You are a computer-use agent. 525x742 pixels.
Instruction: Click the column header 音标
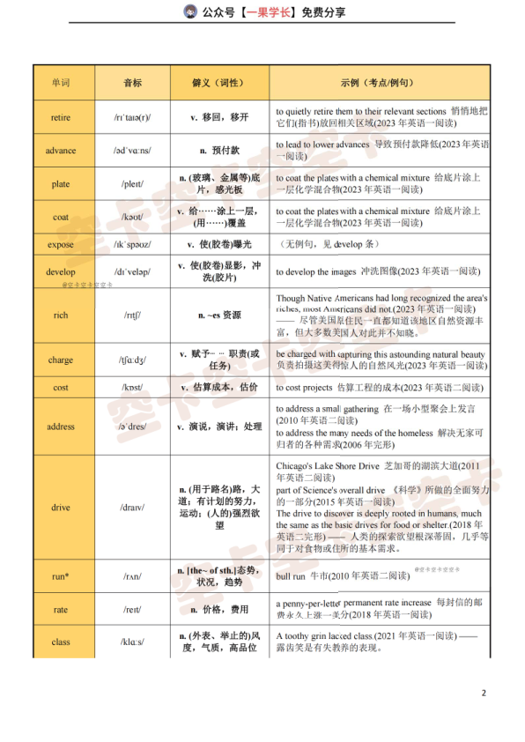[132, 82]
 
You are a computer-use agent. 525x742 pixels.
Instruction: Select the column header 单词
[60, 82]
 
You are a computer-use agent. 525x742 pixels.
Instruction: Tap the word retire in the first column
[61, 116]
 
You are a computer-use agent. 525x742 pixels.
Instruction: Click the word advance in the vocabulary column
[61, 150]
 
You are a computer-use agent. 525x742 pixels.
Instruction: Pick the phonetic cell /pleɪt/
[132, 183]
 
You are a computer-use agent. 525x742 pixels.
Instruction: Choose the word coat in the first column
[61, 217]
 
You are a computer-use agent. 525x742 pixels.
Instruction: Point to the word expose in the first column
[61, 244]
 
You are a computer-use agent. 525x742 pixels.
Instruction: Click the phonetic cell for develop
[132, 271]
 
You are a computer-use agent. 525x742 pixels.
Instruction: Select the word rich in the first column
[61, 315]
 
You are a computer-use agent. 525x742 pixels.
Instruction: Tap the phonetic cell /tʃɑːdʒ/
[132, 360]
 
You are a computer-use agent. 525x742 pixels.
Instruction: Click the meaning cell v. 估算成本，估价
[218, 387]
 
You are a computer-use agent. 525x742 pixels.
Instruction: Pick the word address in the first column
[61, 427]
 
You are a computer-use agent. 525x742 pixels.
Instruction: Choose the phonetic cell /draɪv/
[132, 508]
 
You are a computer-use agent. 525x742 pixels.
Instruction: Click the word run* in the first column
[61, 576]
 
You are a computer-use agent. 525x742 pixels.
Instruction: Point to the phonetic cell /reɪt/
[132, 609]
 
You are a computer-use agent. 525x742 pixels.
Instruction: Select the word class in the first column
[61, 642]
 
